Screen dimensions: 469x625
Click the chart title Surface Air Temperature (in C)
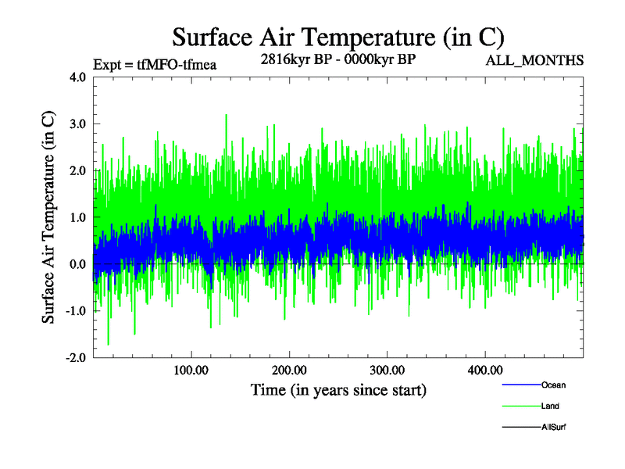[337, 37]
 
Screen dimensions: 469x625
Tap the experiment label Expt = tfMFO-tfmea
[154, 64]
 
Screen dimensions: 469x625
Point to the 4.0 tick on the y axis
[78, 77]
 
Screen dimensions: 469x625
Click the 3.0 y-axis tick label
[78, 124]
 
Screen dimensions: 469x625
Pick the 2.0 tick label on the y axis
[78, 170]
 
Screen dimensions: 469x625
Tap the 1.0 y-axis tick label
[78, 217]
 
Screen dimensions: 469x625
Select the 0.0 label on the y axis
[78, 264]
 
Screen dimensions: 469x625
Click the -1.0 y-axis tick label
[76, 311]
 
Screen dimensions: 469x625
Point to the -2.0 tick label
[76, 357]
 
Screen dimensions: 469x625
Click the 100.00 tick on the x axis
[191, 370]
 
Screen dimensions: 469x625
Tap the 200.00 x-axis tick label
[289, 370]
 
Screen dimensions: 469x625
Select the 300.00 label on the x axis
[387, 370]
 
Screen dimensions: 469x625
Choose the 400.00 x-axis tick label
[484, 370]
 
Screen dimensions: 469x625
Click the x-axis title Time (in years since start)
[338, 389]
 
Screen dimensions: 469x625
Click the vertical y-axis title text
[48, 217]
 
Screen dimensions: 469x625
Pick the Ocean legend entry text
[553, 385]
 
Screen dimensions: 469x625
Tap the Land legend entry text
[550, 406]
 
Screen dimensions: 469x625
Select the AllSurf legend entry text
[553, 427]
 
